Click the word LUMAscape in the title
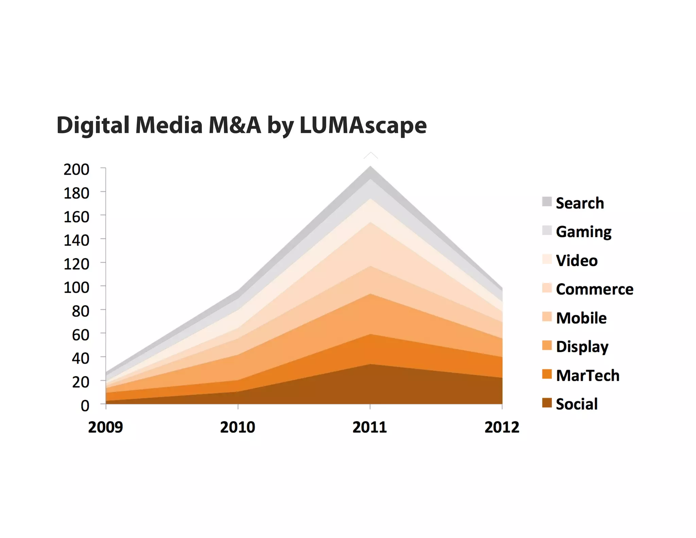(363, 125)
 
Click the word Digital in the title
(93, 125)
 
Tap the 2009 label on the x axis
(105, 427)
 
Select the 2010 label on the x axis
(238, 427)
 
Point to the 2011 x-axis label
(370, 427)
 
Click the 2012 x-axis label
(502, 427)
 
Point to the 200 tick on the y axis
(76, 169)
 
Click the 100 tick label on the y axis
(76, 288)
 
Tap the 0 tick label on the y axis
(85, 406)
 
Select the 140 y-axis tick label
(76, 240)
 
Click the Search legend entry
(580, 203)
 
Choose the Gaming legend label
(584, 232)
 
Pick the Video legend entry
(577, 260)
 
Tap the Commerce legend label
(594, 289)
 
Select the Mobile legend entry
(581, 318)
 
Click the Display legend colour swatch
(547, 345)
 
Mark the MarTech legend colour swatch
(547, 374)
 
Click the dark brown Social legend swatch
(547, 403)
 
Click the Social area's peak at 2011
(370, 365)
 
